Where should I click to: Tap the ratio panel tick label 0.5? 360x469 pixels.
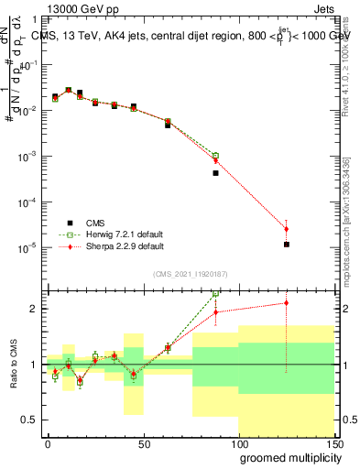29,420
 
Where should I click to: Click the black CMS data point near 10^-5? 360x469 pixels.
287,245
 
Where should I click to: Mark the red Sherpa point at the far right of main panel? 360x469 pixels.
287,229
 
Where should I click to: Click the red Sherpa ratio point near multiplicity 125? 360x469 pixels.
287,303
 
